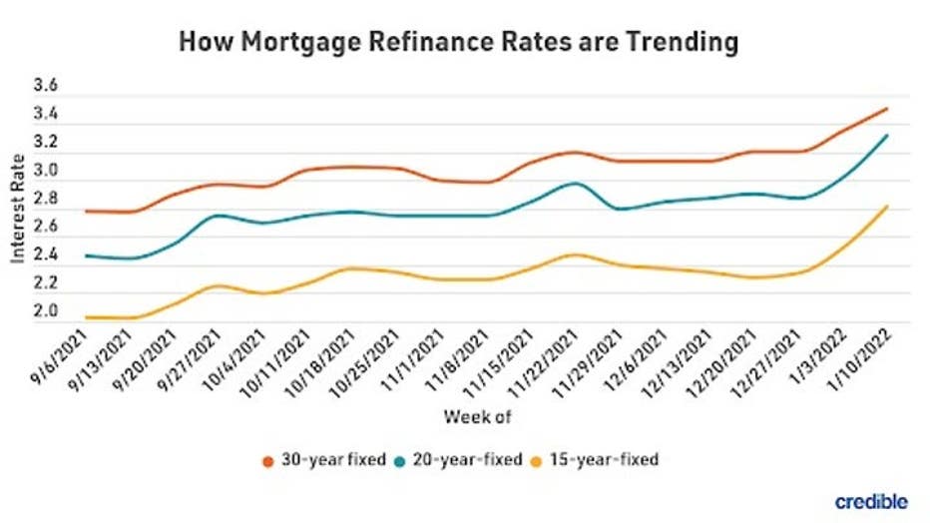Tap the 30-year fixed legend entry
[x=316, y=460]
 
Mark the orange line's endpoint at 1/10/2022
[x=886, y=109]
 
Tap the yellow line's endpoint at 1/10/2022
[x=886, y=207]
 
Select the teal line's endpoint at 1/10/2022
[x=886, y=136]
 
